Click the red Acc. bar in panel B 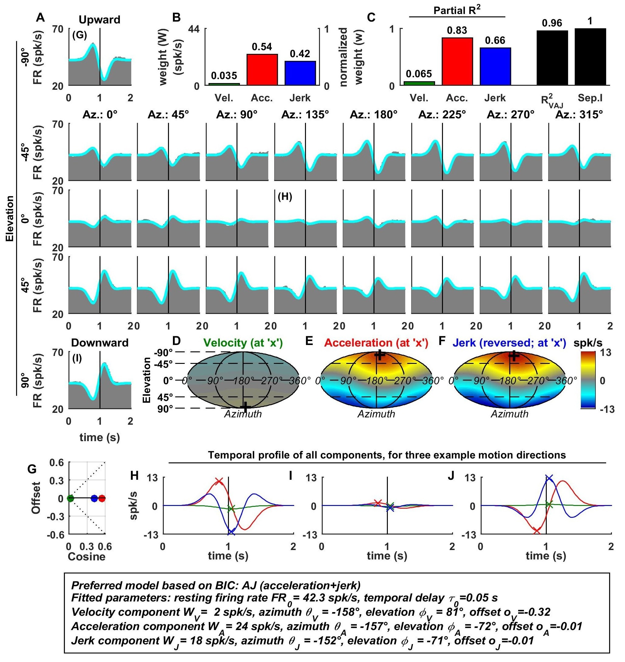coord(262,69)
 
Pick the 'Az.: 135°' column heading coord(305,115)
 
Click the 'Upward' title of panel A coord(99,20)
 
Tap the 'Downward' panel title coord(100,343)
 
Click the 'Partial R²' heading coord(457,11)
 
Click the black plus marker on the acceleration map coord(379,355)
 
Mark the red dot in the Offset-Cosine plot coord(102,499)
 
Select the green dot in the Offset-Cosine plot coord(70,499)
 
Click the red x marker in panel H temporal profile coord(219,481)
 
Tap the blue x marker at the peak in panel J coord(549,479)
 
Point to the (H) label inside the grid coord(285,197)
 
